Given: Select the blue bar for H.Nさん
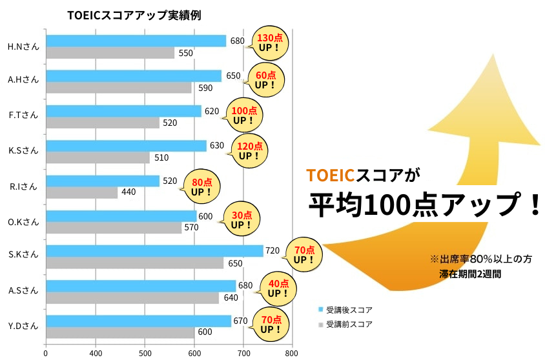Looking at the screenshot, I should coord(136,41).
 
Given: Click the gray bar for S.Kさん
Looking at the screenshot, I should coord(134,263).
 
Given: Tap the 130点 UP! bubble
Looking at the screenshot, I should coord(269,42).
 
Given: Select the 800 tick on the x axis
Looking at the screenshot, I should coord(292,353).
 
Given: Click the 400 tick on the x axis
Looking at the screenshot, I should coord(96,353).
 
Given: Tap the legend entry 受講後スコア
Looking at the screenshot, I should coord(349,310).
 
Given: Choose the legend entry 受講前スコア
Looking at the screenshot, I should coord(349,325).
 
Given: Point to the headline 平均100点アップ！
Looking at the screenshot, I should coord(424,205).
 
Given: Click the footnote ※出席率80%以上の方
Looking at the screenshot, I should coord(481,259).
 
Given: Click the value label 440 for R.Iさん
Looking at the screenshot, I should coord(129,192).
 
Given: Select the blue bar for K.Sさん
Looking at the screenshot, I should coord(126,146).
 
